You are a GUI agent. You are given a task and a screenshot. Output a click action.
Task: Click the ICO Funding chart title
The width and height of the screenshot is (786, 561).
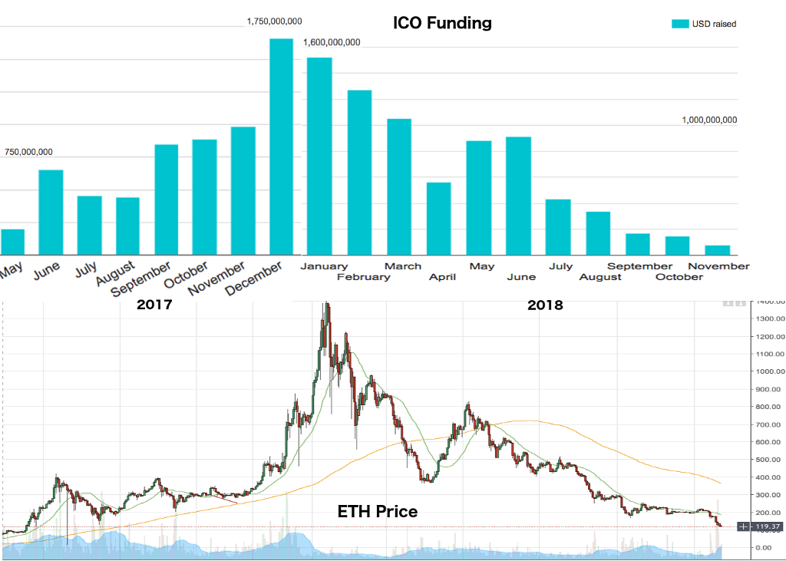pos(442,23)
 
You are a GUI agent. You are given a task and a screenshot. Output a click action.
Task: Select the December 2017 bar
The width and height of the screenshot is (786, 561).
pos(281,146)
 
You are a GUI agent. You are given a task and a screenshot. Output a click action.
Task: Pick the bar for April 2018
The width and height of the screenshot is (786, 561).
pos(438,218)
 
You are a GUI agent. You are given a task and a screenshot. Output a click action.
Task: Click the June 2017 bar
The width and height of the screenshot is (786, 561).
pos(51,212)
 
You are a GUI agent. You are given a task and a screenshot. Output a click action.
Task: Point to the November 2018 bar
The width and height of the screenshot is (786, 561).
pos(717,249)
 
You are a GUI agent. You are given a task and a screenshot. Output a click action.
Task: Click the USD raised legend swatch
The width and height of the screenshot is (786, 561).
pos(680,24)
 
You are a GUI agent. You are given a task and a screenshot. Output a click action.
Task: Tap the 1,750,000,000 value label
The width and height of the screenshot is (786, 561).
pos(274,21)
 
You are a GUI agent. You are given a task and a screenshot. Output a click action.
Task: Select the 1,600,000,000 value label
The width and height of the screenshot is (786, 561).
pos(332,42)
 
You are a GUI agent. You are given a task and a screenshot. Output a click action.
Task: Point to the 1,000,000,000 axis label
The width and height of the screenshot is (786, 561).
pos(709,120)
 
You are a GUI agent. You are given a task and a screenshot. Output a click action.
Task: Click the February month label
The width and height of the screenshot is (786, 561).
pos(363,277)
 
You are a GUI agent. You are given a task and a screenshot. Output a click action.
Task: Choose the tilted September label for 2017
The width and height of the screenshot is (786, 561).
pos(140,280)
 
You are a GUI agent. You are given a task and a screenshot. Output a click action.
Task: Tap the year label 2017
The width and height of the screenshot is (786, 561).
pos(154,305)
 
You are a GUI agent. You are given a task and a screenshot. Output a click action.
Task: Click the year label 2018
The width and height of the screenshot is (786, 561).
pos(545,305)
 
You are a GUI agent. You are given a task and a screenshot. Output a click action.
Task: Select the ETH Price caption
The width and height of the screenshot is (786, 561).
pos(378,510)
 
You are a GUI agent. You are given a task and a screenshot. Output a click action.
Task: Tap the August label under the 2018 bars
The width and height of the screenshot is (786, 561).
pos(600,277)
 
